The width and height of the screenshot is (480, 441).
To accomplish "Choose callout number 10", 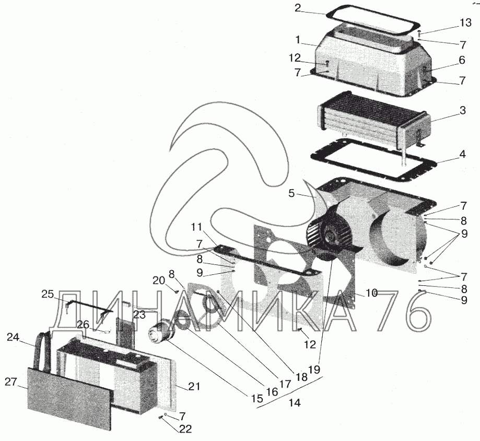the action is [x=371, y=293].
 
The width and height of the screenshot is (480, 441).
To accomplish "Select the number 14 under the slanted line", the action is [x=296, y=403].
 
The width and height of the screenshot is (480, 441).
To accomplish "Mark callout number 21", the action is [x=194, y=386].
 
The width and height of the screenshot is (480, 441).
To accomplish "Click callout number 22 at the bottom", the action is [x=184, y=429].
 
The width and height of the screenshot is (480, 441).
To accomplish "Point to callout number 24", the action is [x=13, y=337].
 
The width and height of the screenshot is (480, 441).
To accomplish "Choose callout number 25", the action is [x=48, y=294].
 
